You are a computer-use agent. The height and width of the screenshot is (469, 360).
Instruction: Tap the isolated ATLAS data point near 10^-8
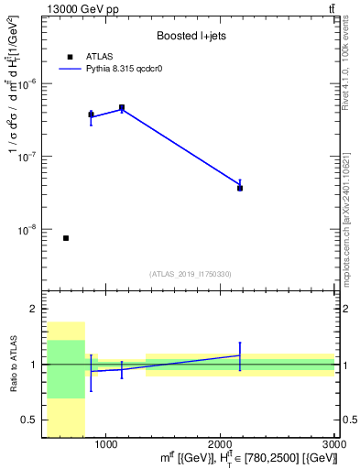pos(66,238)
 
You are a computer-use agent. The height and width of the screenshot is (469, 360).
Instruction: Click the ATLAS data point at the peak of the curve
pos(122,107)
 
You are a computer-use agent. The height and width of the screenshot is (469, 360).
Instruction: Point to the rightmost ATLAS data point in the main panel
pos(240,188)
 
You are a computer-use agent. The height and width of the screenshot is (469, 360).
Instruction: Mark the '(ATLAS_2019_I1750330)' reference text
pos(191,274)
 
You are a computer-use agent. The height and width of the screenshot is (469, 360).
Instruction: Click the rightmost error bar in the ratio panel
pos(240,354)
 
